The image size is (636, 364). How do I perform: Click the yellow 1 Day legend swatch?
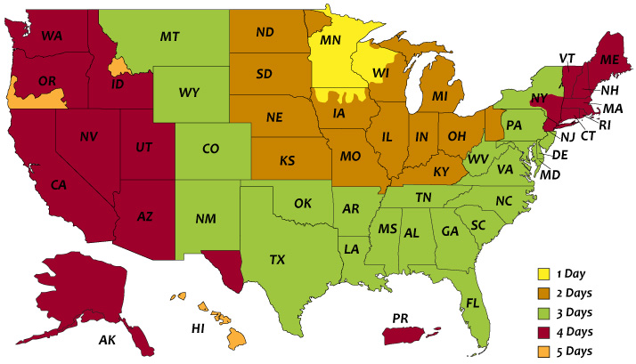pos(542,274)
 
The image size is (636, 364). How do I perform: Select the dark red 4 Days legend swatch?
pos(542,331)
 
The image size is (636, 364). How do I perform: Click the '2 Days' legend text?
pos(577,293)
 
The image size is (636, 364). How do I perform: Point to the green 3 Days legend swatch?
pos(542,312)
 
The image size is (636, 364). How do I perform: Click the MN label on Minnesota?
pos(330,41)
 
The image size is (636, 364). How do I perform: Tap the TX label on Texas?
pos(278,260)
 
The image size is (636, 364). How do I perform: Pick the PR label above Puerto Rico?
pos(400,317)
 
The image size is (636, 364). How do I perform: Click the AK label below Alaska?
pos(107,340)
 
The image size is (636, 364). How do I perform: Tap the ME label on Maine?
pos(609,60)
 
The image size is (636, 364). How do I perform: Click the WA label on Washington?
pos(51,36)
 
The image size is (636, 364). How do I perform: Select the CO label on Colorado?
pos(210,149)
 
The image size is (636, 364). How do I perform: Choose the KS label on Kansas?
pos(288,161)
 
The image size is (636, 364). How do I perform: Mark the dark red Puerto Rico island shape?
pos(411,336)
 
